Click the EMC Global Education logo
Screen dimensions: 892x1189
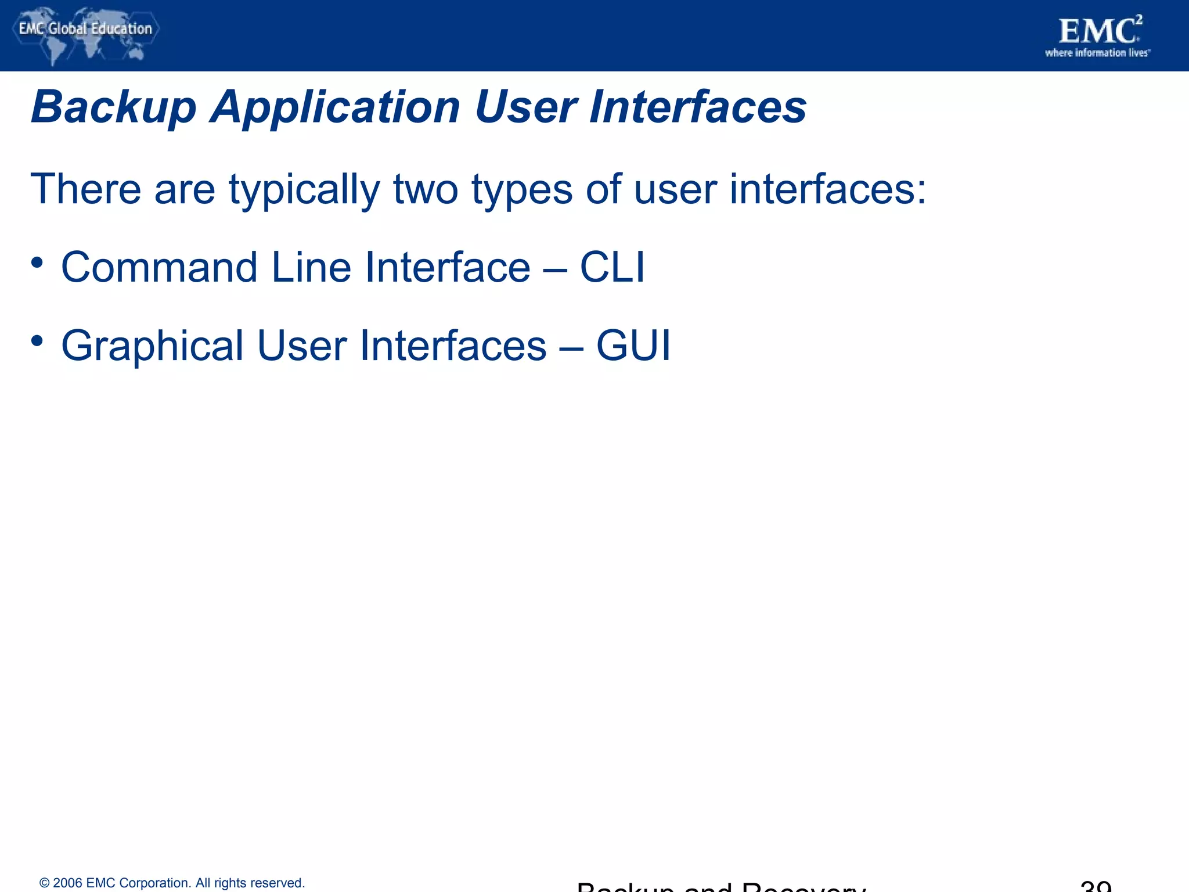85,35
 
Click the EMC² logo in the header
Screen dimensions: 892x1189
1099,31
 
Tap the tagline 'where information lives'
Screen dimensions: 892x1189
1097,53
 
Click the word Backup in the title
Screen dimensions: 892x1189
114,108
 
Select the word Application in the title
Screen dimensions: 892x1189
335,108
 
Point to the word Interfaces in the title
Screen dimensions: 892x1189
697,108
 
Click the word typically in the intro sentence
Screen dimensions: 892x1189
304,190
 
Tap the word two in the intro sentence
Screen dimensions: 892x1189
426,190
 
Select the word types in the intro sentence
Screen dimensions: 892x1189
521,190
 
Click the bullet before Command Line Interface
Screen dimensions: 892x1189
37,263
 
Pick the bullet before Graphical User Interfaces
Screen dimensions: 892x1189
37,341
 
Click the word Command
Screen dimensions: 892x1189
159,268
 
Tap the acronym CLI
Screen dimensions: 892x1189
612,268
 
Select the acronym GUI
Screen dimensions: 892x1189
633,346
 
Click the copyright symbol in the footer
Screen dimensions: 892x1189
44,883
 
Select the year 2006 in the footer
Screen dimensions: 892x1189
67,883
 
